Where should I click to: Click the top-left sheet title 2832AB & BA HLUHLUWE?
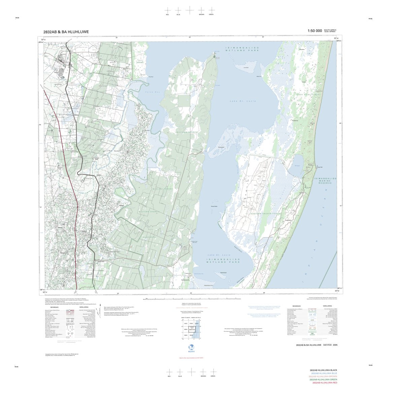(66, 32)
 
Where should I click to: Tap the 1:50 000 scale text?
(314, 31)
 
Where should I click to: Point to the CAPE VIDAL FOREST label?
(308, 95)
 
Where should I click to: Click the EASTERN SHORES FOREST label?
(265, 213)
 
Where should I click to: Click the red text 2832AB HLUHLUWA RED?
(325, 383)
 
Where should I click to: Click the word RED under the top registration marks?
(167, 15)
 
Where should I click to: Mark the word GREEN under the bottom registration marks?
(213, 376)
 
